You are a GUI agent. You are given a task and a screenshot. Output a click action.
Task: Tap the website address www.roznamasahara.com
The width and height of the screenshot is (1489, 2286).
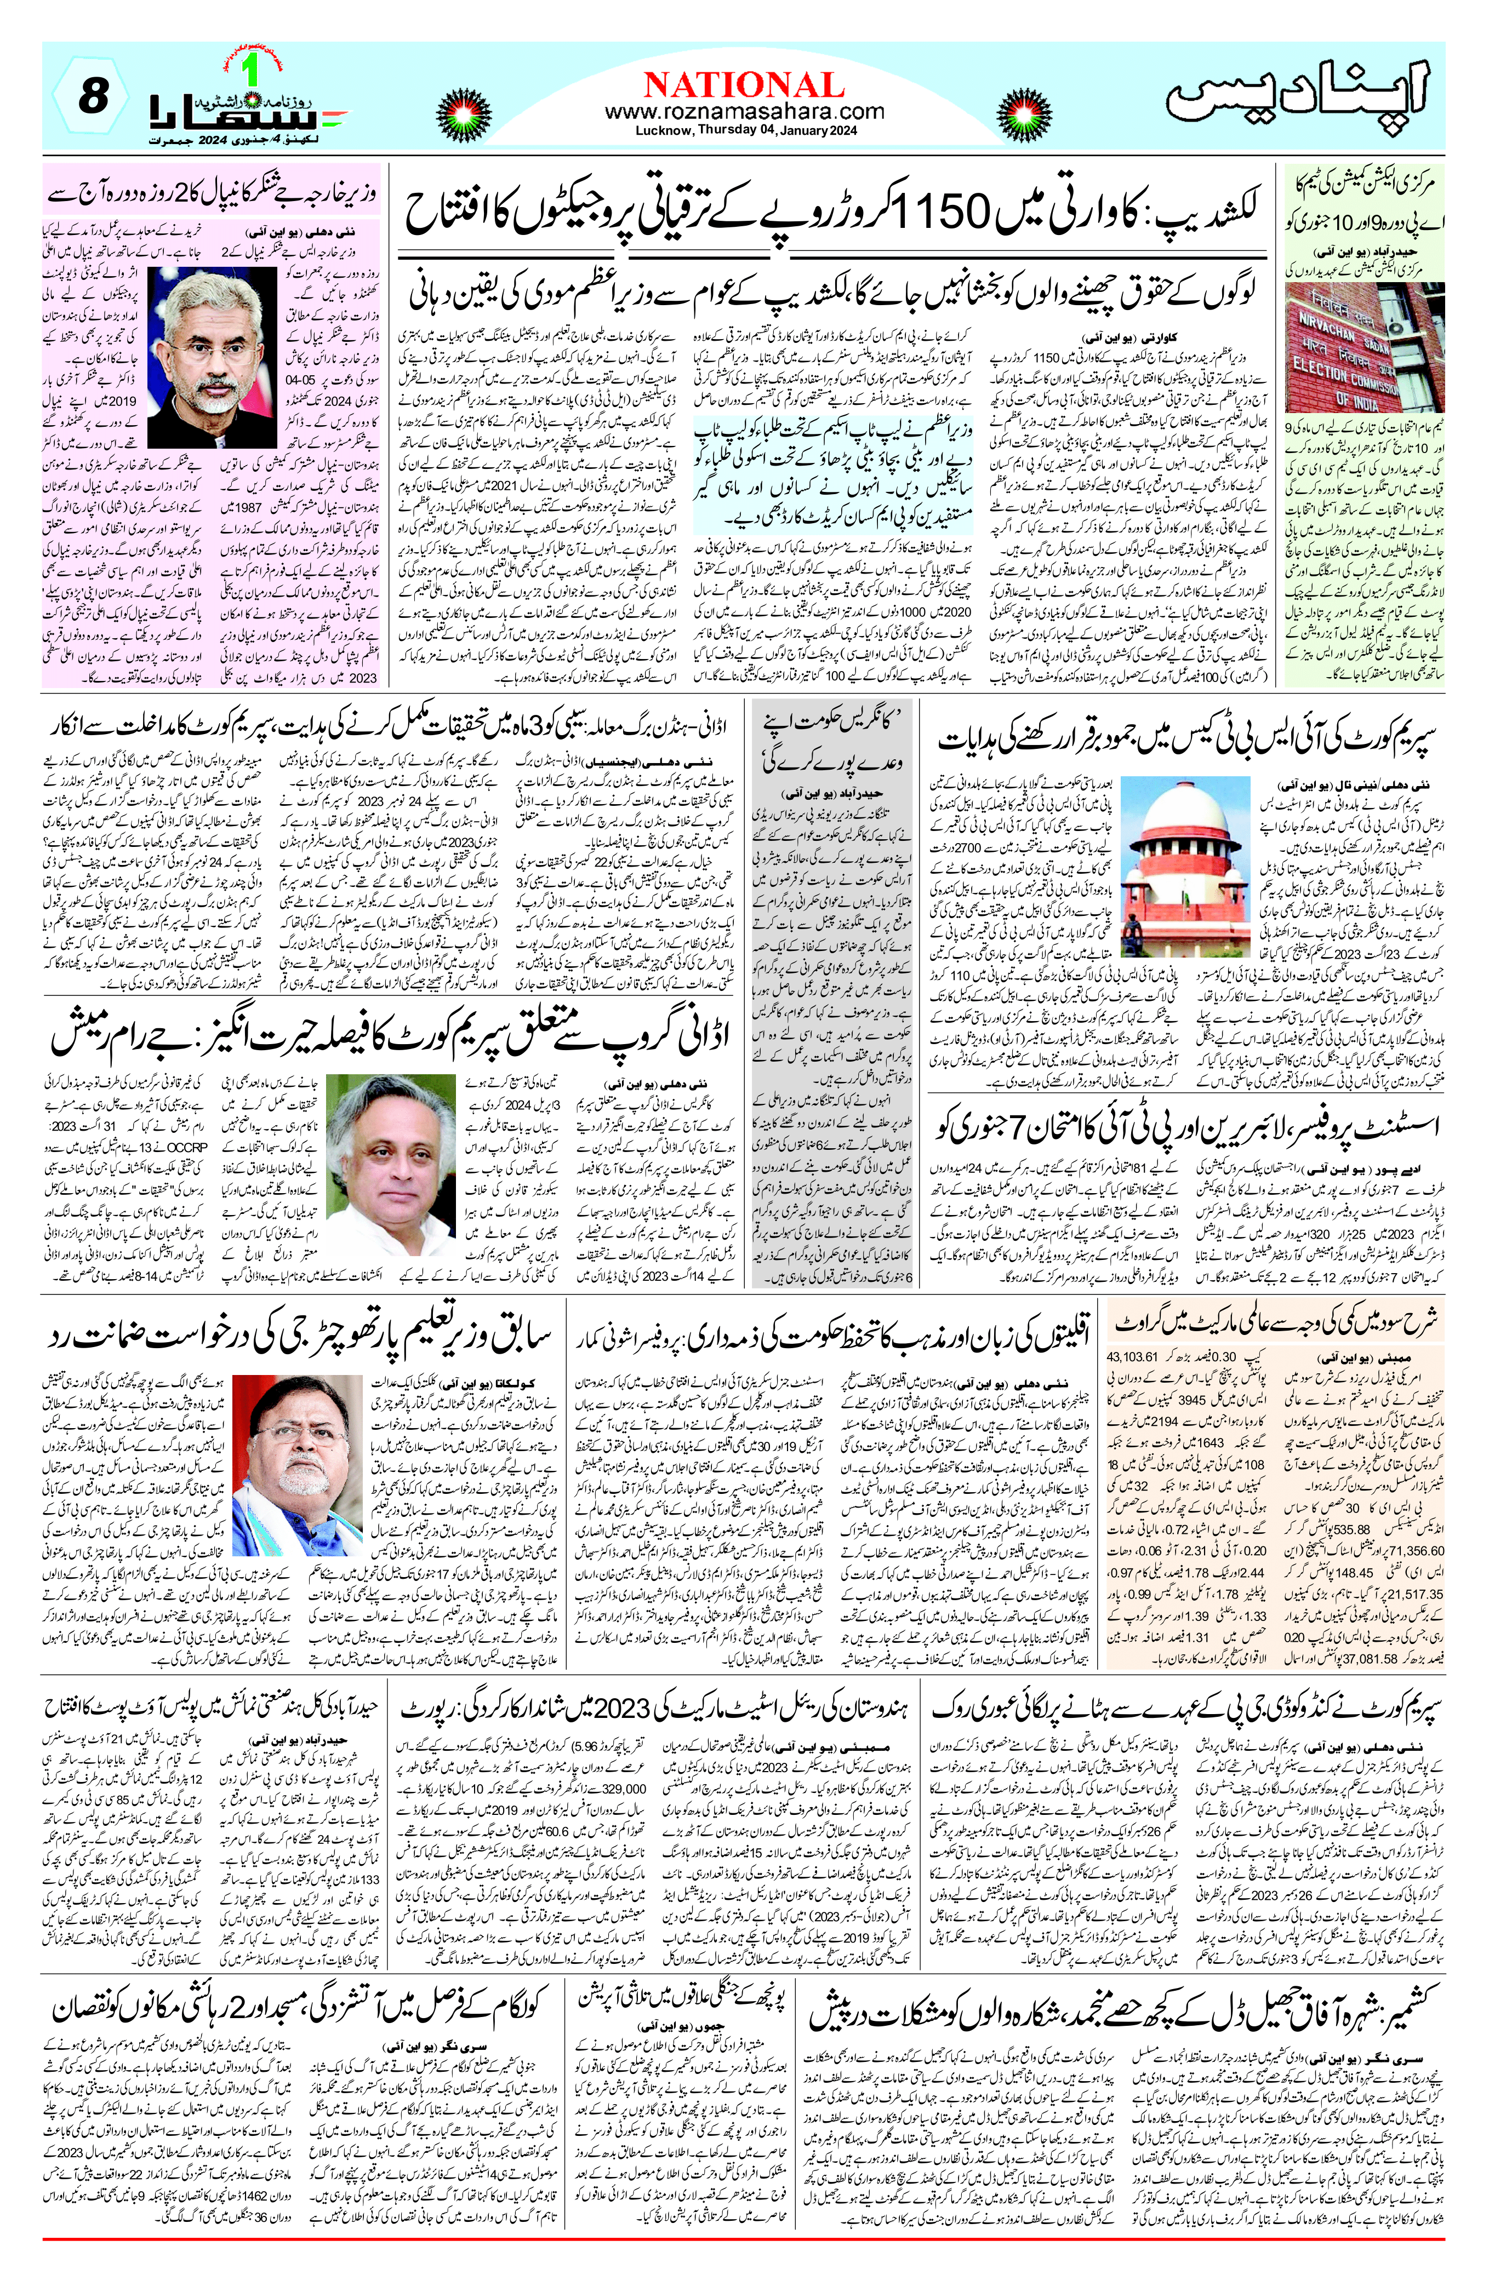(744, 111)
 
